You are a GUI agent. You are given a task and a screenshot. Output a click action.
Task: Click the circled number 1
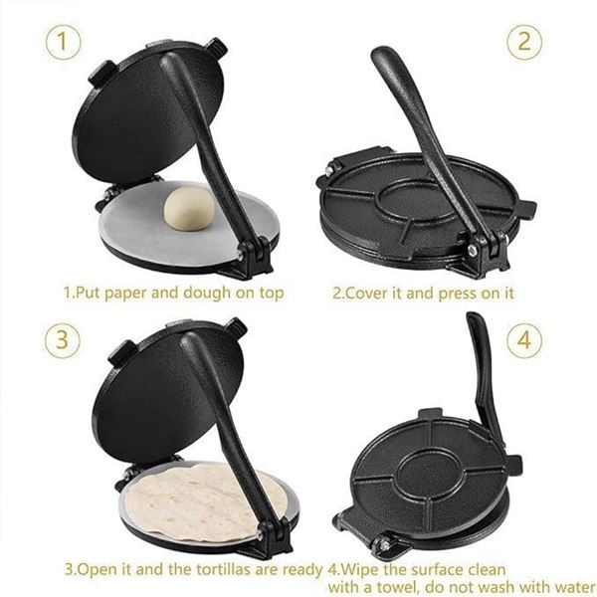click(63, 43)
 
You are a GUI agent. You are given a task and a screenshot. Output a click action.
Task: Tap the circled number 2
click(523, 43)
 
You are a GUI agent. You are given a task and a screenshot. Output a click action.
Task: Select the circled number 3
click(63, 338)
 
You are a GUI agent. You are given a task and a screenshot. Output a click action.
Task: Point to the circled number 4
click(523, 339)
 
